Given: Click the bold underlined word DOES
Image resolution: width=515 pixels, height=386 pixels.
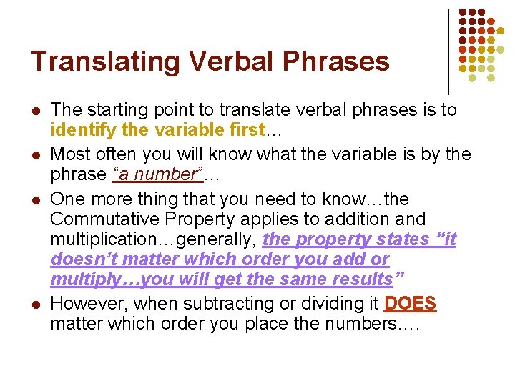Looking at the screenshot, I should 410,303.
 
